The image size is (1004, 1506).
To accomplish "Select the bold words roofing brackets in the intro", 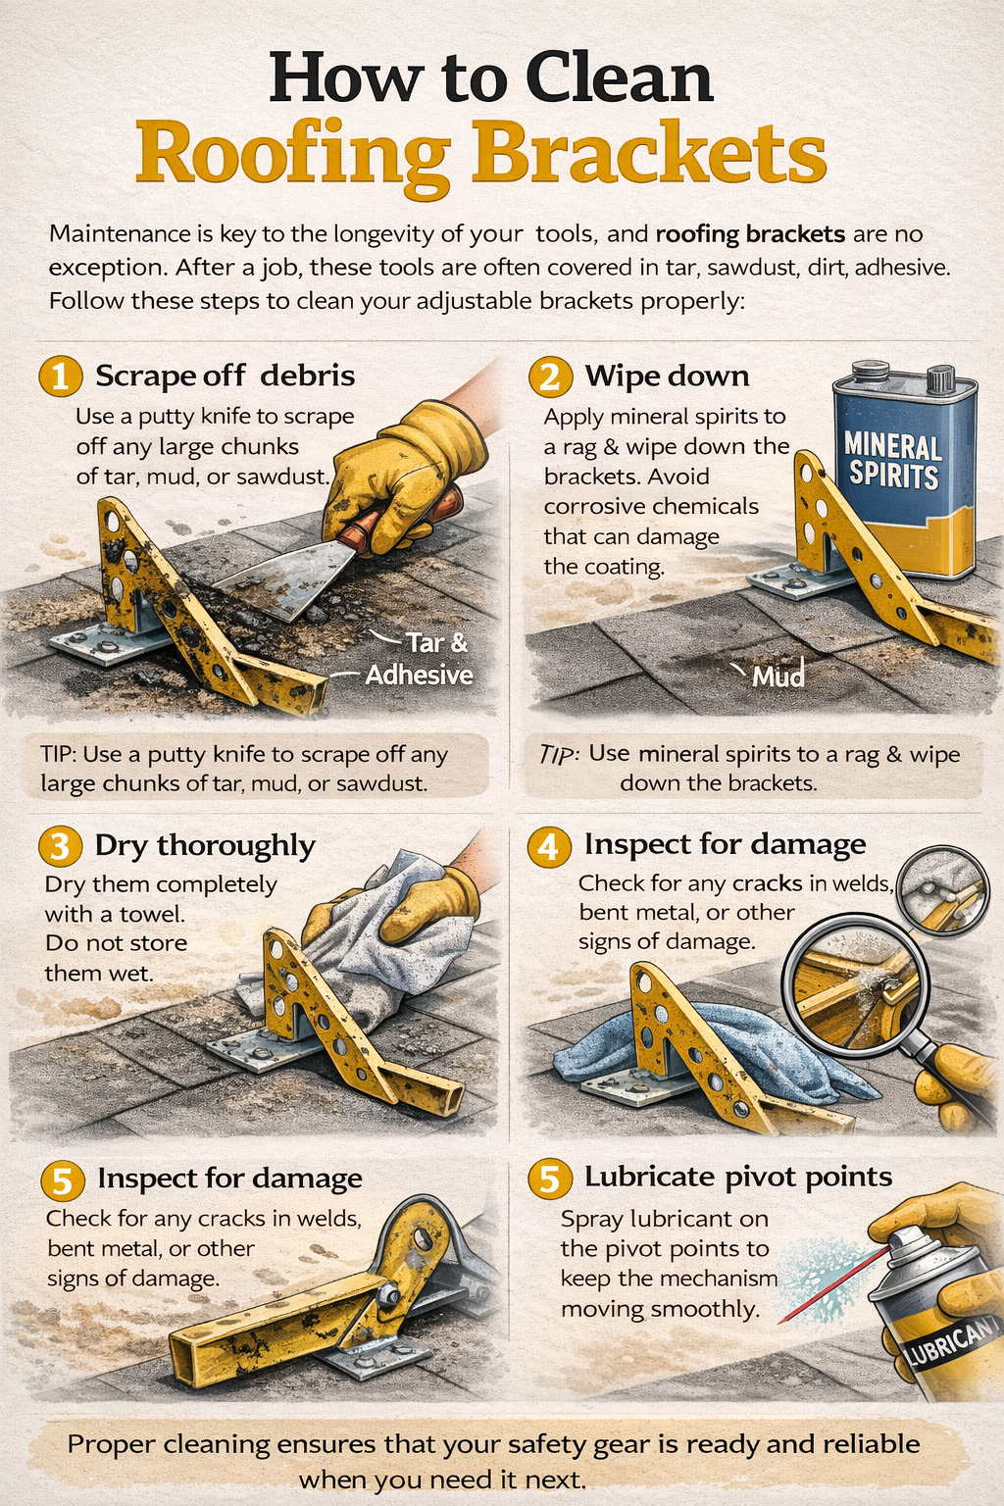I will point(750,234).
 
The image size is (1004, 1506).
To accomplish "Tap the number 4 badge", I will point(549,845).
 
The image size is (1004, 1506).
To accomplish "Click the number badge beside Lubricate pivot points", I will point(549,1179).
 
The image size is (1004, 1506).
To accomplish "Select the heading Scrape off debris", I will point(225,376).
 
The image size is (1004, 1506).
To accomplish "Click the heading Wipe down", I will point(667,376).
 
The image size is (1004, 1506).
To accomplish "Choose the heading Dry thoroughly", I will point(204,845).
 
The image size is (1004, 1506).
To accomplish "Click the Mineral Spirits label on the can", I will point(892,461).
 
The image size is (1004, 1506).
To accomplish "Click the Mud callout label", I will point(778,676).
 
